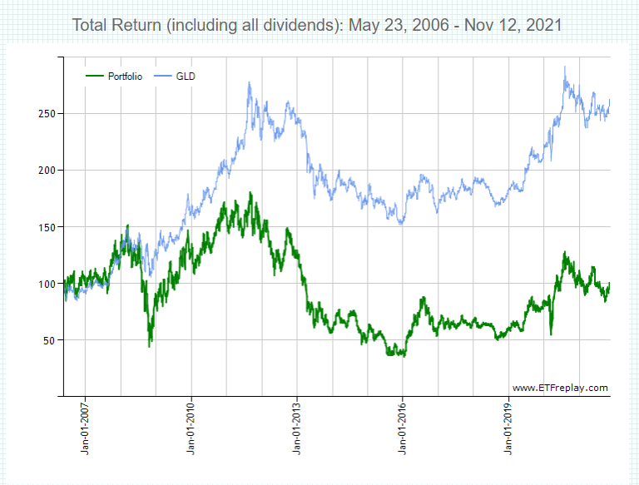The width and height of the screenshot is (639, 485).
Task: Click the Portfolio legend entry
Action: point(125,77)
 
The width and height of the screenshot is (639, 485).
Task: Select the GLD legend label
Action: point(186,77)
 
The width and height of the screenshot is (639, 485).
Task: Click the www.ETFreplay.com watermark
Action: point(560,388)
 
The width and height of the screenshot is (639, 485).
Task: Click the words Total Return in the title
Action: point(117,25)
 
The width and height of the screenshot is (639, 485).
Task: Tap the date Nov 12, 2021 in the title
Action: point(512,25)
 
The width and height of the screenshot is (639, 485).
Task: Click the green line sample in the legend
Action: point(96,77)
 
